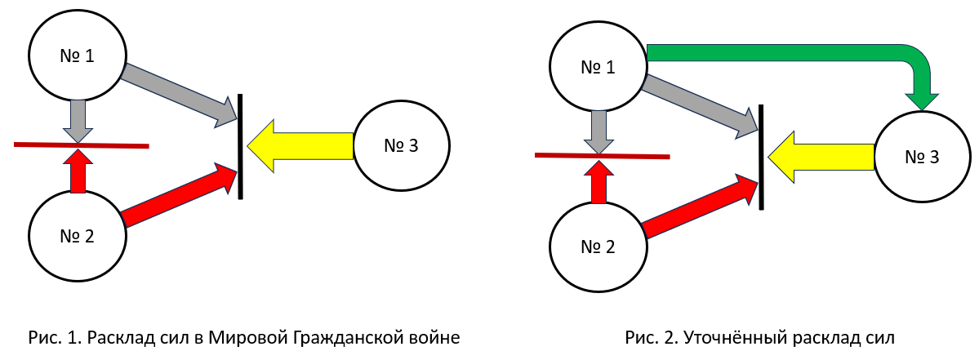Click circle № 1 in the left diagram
point(78,55)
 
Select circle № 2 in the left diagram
point(78,237)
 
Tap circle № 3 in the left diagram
point(401,146)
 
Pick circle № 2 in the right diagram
point(599,246)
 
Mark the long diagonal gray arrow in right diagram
point(699,104)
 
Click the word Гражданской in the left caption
point(331,337)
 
